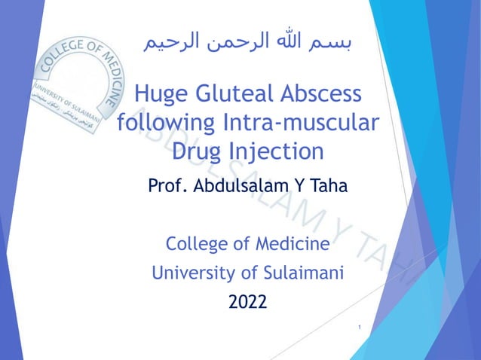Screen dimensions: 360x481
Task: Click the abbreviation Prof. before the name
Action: click(x=169, y=185)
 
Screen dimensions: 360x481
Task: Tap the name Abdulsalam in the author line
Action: click(x=241, y=185)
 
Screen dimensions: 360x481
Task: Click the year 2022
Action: click(x=247, y=303)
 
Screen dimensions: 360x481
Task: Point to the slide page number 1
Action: click(x=361, y=328)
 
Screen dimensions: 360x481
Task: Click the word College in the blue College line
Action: click(x=194, y=245)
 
